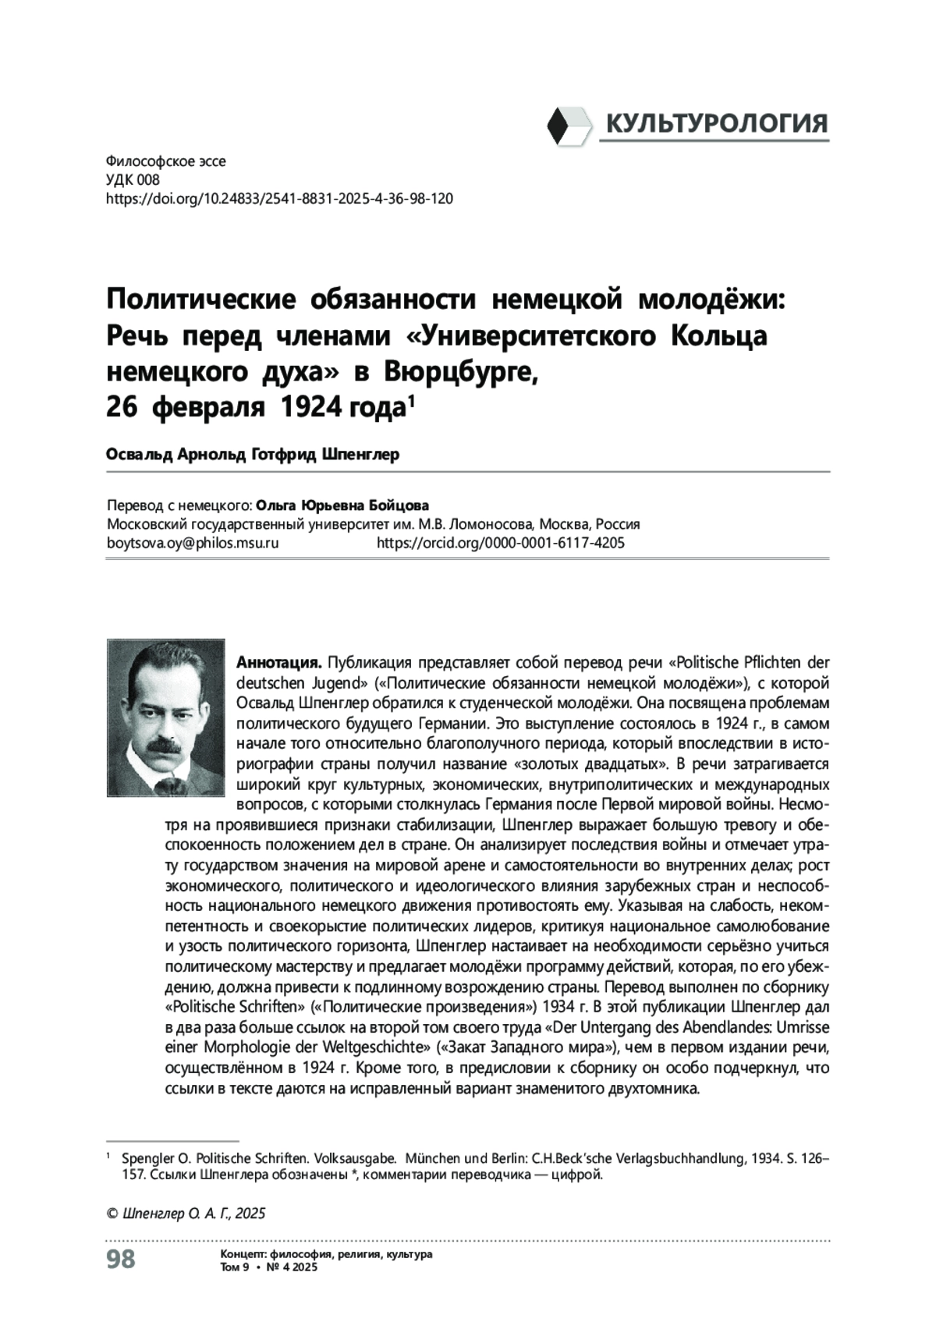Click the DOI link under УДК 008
(278, 199)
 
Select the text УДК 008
(132, 180)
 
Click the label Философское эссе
(165, 162)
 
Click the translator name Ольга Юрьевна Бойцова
(342, 505)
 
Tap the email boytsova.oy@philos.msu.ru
(192, 543)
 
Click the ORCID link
(500, 543)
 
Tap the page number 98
(120, 1259)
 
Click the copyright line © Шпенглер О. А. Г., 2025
(186, 1214)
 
